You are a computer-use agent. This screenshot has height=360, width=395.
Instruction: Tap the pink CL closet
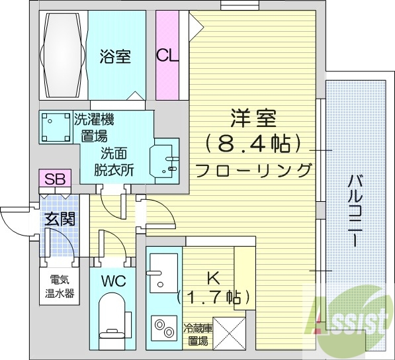point(167,55)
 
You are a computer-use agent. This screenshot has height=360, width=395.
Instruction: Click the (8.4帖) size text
point(253,143)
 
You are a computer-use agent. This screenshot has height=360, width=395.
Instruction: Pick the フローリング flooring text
point(253,169)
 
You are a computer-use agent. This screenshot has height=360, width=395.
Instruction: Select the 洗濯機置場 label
point(93,128)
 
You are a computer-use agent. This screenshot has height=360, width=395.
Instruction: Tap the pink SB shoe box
point(54,179)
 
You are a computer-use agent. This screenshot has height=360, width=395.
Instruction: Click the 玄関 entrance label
point(60,219)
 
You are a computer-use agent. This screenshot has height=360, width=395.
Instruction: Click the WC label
point(112,280)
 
